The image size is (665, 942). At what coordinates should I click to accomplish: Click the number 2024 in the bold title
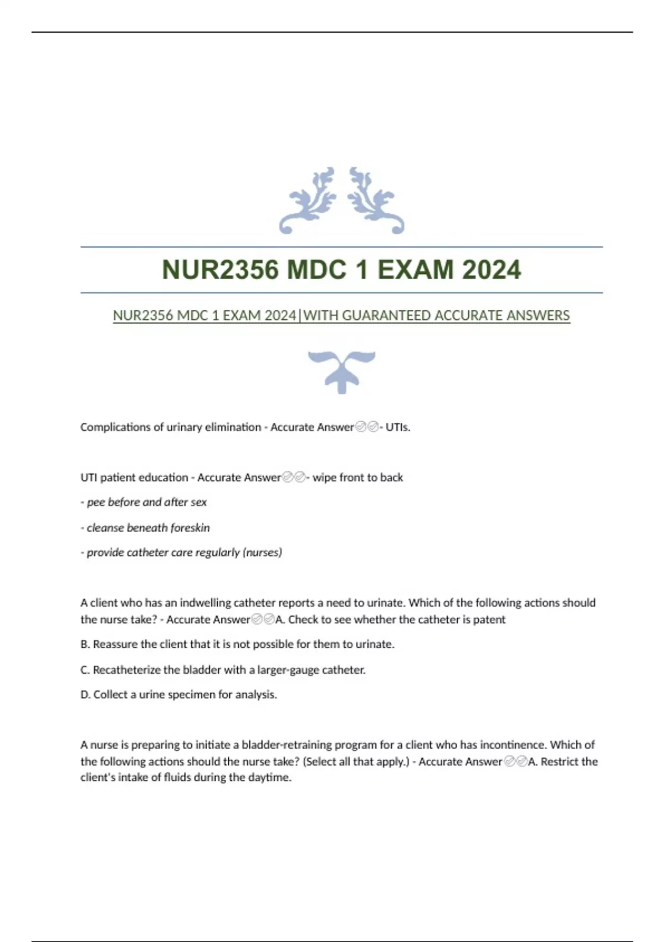click(491, 270)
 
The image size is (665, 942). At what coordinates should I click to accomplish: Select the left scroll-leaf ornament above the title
click(308, 201)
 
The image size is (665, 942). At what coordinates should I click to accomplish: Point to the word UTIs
click(398, 427)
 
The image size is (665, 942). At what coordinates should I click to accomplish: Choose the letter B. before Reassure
click(85, 644)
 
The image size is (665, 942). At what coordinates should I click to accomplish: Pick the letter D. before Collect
click(85, 695)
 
